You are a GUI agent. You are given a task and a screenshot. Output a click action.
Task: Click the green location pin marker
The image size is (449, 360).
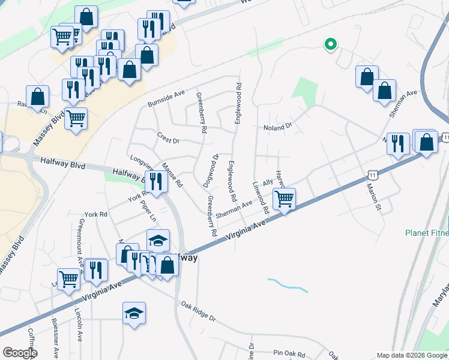tap(330, 44)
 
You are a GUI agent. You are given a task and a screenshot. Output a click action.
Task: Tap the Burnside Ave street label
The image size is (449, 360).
tap(166, 98)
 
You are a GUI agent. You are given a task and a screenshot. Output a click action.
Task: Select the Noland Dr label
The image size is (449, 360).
tap(277, 127)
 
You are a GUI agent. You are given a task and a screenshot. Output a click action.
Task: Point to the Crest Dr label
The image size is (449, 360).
tap(168, 137)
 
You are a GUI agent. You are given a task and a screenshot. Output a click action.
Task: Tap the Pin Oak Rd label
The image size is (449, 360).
tap(289, 353)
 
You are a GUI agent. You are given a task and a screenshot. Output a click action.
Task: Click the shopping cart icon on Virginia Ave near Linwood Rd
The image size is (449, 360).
tap(284, 198)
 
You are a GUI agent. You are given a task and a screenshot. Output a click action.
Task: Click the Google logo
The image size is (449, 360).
tap(20, 353)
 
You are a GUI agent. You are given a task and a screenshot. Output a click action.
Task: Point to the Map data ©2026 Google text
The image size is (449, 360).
tap(412, 355)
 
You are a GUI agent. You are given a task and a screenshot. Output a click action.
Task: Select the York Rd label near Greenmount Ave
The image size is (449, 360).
tap(95, 214)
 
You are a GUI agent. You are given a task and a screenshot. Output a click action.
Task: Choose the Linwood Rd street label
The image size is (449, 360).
tap(259, 198)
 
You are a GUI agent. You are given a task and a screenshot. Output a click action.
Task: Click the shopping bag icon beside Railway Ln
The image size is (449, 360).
tap(38, 96)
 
